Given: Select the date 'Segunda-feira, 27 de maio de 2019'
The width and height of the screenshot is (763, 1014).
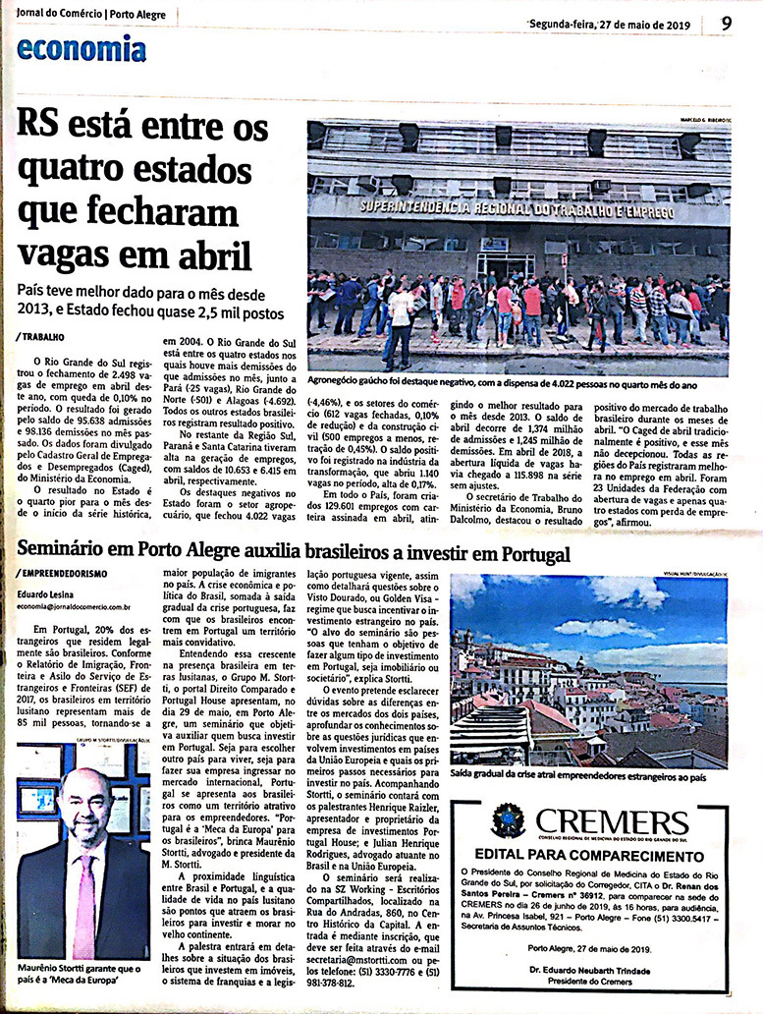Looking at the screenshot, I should [x=609, y=25].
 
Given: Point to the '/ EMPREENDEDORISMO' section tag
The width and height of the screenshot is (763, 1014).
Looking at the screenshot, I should [x=62, y=573].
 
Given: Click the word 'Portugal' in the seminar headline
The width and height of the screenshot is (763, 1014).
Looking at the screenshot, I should [x=525, y=553].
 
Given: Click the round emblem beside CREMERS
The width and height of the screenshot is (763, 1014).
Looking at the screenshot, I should [x=508, y=821].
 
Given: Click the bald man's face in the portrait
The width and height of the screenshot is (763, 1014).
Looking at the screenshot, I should [x=84, y=809].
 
